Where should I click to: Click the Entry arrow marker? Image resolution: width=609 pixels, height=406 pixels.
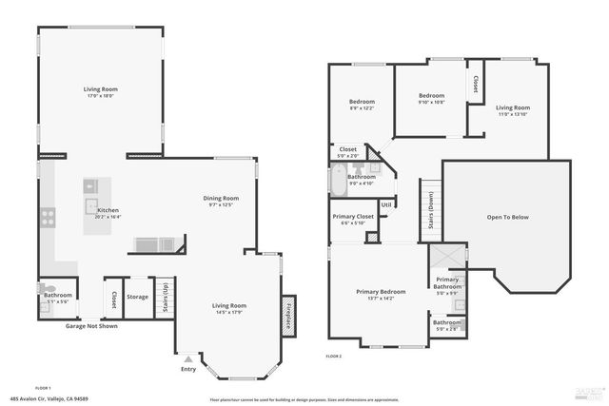pos(188,358)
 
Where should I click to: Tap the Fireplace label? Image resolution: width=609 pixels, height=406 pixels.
pos(288,314)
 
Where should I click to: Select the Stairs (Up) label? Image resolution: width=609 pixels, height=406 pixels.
pos(165,297)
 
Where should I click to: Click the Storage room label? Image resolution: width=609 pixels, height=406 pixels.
pos(138,297)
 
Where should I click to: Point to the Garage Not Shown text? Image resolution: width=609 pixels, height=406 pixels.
pos(91,326)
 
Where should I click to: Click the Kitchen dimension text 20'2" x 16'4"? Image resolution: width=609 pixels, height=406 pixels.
pos(108,217)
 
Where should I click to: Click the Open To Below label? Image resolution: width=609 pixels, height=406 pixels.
pos(507,217)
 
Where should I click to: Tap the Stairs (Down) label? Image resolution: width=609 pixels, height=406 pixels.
pos(431,218)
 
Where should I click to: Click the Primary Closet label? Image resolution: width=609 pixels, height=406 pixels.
pos(353,217)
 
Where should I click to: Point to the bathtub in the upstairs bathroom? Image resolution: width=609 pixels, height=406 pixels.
pos(340,180)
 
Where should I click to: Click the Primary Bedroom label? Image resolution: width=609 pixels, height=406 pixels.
pos(381,291)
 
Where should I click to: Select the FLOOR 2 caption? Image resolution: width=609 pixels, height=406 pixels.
pos(333,355)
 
